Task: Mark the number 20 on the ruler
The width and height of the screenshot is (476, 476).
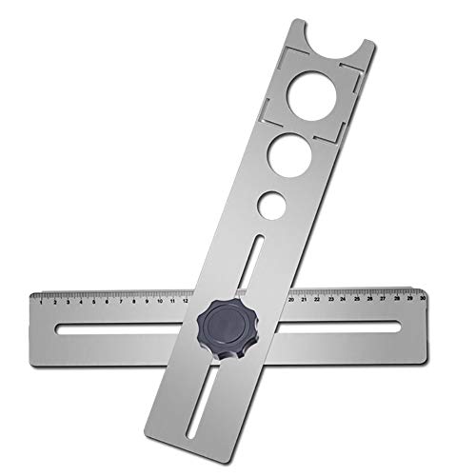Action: tap(291, 299)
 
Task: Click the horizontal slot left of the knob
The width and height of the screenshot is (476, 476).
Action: tap(114, 330)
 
